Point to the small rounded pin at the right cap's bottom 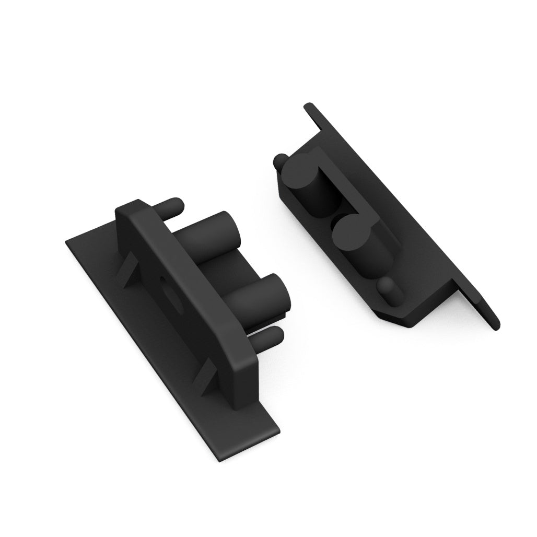pos(387,287)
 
